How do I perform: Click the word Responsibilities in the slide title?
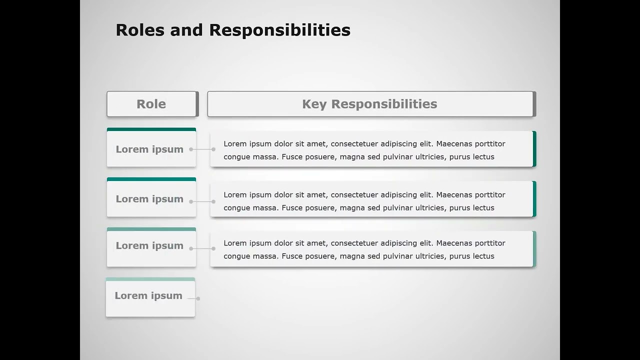point(279,30)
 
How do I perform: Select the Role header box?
point(151,104)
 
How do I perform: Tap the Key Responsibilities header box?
point(370,104)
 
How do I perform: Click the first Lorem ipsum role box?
point(150,149)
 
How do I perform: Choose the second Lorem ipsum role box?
point(150,199)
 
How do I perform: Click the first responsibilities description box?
point(370,150)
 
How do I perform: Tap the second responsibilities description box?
point(370,201)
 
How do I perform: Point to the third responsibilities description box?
point(370,249)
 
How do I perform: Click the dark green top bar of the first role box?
point(151,129)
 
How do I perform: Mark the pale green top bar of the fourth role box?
point(150,279)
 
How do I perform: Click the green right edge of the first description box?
point(534,149)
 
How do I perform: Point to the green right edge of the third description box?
point(534,249)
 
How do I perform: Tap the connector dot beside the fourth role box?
point(198,298)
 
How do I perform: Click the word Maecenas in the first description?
point(454,144)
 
